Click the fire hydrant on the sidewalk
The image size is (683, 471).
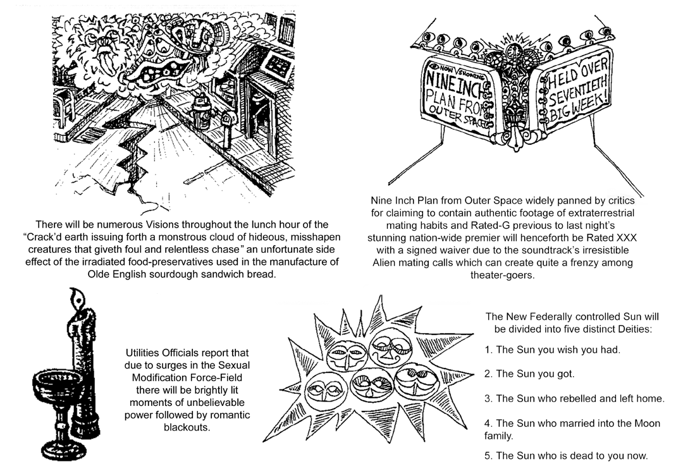(x=202, y=112)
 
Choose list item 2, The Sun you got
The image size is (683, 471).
(x=529, y=374)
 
